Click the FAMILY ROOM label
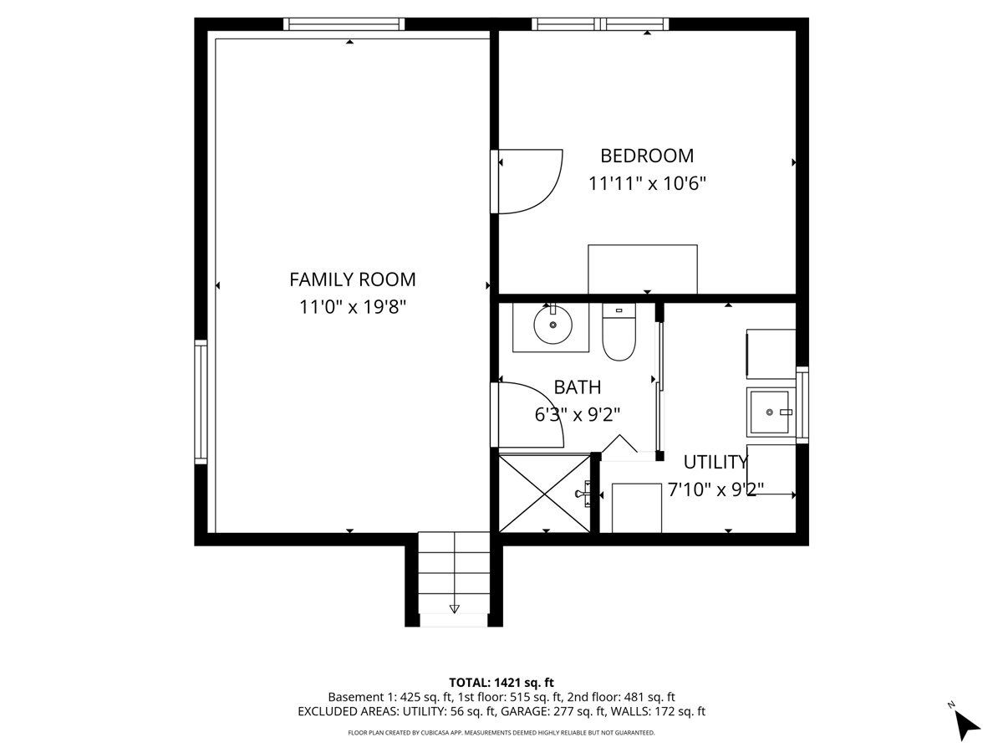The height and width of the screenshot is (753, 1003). pyautogui.click(x=353, y=279)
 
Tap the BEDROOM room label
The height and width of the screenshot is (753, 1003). pyautogui.click(x=647, y=156)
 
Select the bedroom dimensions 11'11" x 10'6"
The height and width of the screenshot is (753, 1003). pyautogui.click(x=647, y=184)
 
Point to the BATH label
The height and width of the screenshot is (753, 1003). pyautogui.click(x=577, y=387)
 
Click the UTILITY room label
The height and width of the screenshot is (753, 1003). pyautogui.click(x=715, y=462)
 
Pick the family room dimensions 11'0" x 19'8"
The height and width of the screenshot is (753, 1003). pyautogui.click(x=353, y=307)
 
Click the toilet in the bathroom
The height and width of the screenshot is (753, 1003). pyautogui.click(x=619, y=331)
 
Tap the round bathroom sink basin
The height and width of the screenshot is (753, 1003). pyautogui.click(x=553, y=325)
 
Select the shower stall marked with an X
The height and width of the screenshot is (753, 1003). pyautogui.click(x=544, y=494)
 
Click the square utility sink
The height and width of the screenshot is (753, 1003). pyautogui.click(x=770, y=412)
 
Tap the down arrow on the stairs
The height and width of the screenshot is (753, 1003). pyautogui.click(x=454, y=608)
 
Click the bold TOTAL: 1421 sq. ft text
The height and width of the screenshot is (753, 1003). pyautogui.click(x=501, y=683)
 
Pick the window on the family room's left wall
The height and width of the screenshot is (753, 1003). pyautogui.click(x=201, y=402)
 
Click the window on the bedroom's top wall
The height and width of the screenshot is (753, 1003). pyautogui.click(x=600, y=24)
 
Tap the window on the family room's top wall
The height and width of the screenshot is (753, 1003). pyautogui.click(x=344, y=24)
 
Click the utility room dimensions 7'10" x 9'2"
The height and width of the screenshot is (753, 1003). pyautogui.click(x=715, y=489)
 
